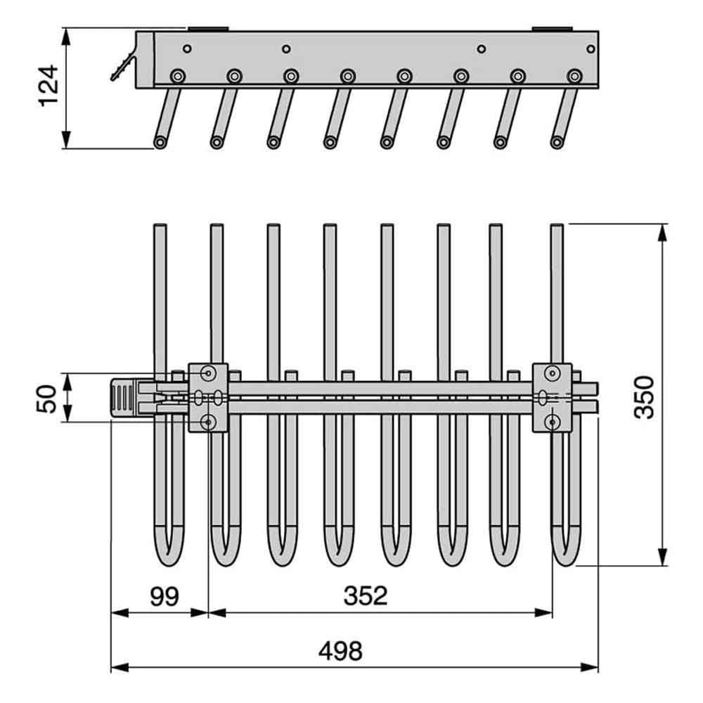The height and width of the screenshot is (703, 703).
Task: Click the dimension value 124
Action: (49, 86)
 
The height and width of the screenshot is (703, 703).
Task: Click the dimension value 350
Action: (644, 397)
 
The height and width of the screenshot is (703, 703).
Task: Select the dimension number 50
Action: (46, 398)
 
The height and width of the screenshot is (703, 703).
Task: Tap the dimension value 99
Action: (164, 596)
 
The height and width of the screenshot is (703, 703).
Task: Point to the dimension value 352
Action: (366, 596)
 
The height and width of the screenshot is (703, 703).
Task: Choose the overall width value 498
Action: (340, 651)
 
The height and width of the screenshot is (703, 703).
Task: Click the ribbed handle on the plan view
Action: (123, 398)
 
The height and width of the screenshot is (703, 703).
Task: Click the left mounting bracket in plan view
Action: (208, 398)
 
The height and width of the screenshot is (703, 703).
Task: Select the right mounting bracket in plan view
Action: (552, 398)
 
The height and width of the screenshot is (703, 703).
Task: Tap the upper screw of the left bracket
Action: (208, 373)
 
